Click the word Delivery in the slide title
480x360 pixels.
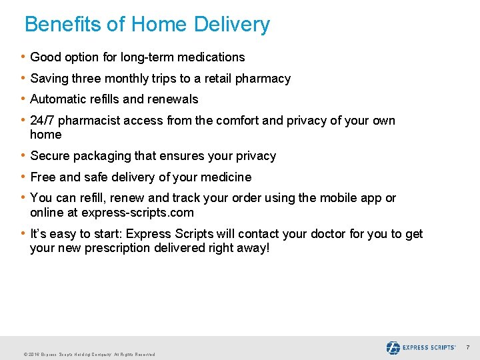232,25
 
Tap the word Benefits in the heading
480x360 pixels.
63,25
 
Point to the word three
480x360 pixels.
83,79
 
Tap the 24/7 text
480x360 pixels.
42,121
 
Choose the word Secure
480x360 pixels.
50,156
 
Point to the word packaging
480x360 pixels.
100,156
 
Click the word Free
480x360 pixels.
43,177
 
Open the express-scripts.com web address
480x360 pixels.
137,213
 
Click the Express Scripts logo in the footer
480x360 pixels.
421,348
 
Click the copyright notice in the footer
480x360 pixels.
89,355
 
